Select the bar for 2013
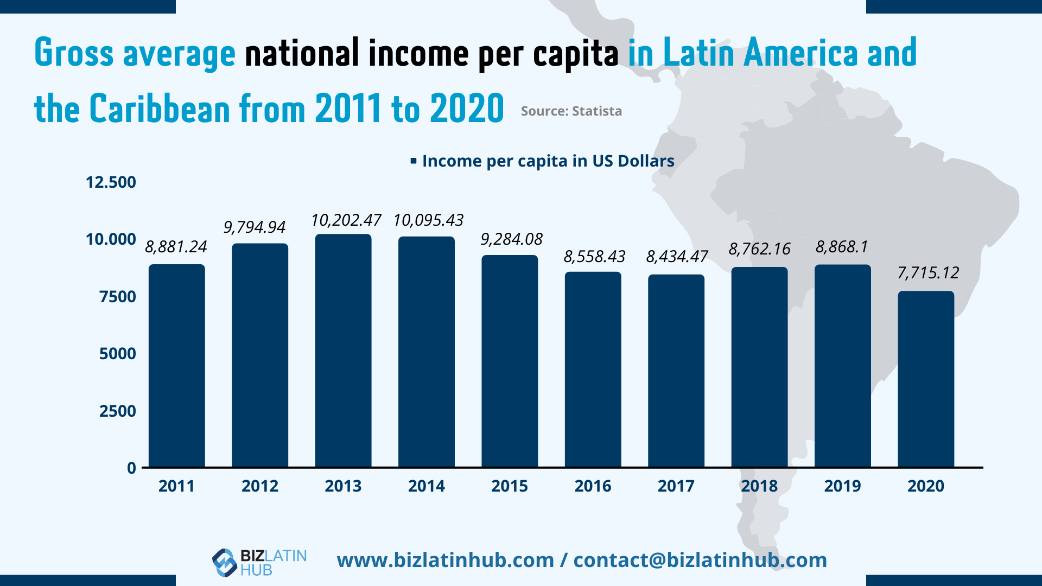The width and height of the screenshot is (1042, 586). pyautogui.click(x=343, y=350)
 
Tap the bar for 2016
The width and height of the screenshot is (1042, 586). pyautogui.click(x=593, y=369)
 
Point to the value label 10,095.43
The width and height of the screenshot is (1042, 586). pyautogui.click(x=428, y=220)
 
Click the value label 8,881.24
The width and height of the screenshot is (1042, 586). pyautogui.click(x=176, y=247)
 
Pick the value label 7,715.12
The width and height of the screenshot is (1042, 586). pyautogui.click(x=928, y=273)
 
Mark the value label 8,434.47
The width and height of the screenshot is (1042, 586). pyautogui.click(x=677, y=257)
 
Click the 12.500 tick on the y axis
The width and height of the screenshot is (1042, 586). pyautogui.click(x=111, y=182)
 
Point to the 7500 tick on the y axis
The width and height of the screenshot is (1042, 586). pyautogui.click(x=117, y=297)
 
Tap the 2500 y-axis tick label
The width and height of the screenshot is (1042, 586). pyautogui.click(x=117, y=411)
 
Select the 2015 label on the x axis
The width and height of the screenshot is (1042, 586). pyautogui.click(x=509, y=486)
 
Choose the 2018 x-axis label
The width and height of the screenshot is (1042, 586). pyautogui.click(x=759, y=486)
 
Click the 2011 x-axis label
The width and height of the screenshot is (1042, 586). pyautogui.click(x=176, y=486)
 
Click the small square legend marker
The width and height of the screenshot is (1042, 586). pyautogui.click(x=414, y=161)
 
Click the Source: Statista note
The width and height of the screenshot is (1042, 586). pyautogui.click(x=571, y=111)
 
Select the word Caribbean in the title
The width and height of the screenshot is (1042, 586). pyautogui.click(x=160, y=109)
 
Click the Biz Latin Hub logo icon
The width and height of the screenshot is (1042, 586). pyautogui.click(x=224, y=562)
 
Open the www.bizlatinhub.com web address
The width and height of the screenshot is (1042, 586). pyautogui.click(x=445, y=560)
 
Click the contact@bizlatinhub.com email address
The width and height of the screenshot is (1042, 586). pyautogui.click(x=700, y=560)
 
